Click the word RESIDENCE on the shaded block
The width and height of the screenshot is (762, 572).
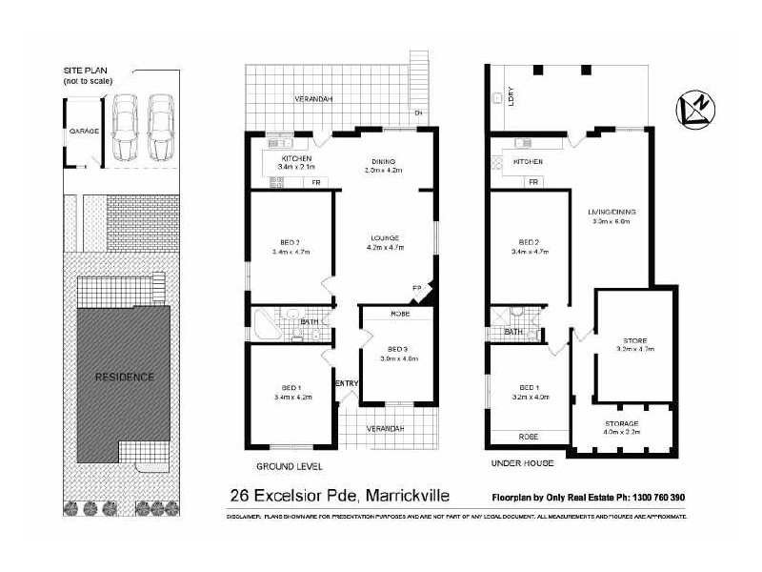tap(124, 377)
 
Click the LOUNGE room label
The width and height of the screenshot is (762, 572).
tap(385, 237)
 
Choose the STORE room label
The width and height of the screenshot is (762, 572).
tap(634, 340)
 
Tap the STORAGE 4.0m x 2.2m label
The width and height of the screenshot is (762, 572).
tap(621, 426)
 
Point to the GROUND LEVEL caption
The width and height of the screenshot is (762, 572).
tap(290, 467)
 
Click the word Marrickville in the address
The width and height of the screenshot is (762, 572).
tap(406, 496)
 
